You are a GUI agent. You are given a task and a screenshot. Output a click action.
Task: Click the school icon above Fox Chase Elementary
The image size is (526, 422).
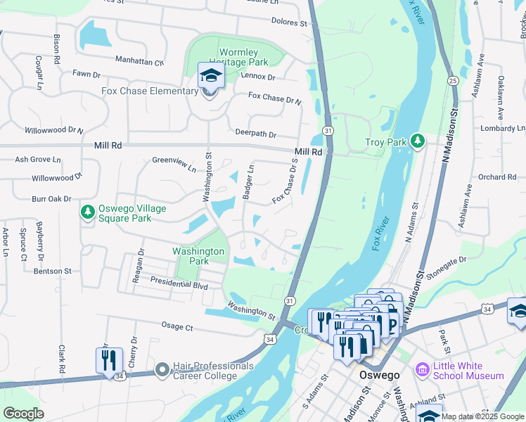[x=210, y=75]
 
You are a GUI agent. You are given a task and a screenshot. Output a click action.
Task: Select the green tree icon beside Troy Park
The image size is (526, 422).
[x=418, y=141]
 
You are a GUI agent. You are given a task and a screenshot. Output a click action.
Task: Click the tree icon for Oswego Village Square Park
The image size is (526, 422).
[x=88, y=211]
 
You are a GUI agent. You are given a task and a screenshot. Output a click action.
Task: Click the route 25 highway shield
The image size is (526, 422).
[x=454, y=82]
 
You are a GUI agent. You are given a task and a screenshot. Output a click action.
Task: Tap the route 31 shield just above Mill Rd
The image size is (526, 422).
[x=328, y=131]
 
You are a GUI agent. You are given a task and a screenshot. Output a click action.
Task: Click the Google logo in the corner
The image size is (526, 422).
[x=23, y=414]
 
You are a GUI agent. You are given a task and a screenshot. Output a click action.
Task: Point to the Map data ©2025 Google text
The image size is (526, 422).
[x=482, y=416]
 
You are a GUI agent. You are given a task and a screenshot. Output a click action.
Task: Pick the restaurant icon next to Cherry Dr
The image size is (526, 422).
[x=109, y=360]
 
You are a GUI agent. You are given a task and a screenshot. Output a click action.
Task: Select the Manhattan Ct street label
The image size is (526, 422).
[x=139, y=61]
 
